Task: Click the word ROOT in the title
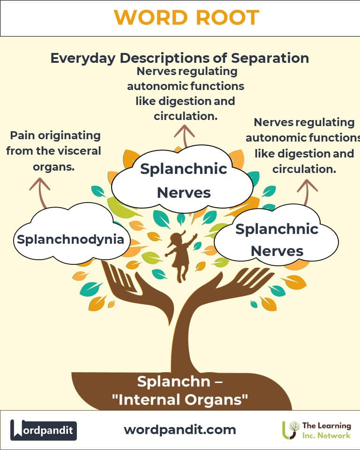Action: pyautogui.click(x=225, y=18)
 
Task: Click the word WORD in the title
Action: pyautogui.click(x=148, y=18)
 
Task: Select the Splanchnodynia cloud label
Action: pyautogui.click(x=70, y=240)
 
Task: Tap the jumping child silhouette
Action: pyautogui.click(x=180, y=255)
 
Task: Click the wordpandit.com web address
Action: pyautogui.click(x=180, y=429)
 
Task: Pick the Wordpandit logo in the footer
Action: pyautogui.click(x=44, y=430)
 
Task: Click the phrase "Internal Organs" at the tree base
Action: pyautogui.click(x=180, y=400)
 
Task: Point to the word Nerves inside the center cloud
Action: pyautogui.click(x=184, y=192)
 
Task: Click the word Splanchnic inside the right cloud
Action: pyautogui.click(x=277, y=229)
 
